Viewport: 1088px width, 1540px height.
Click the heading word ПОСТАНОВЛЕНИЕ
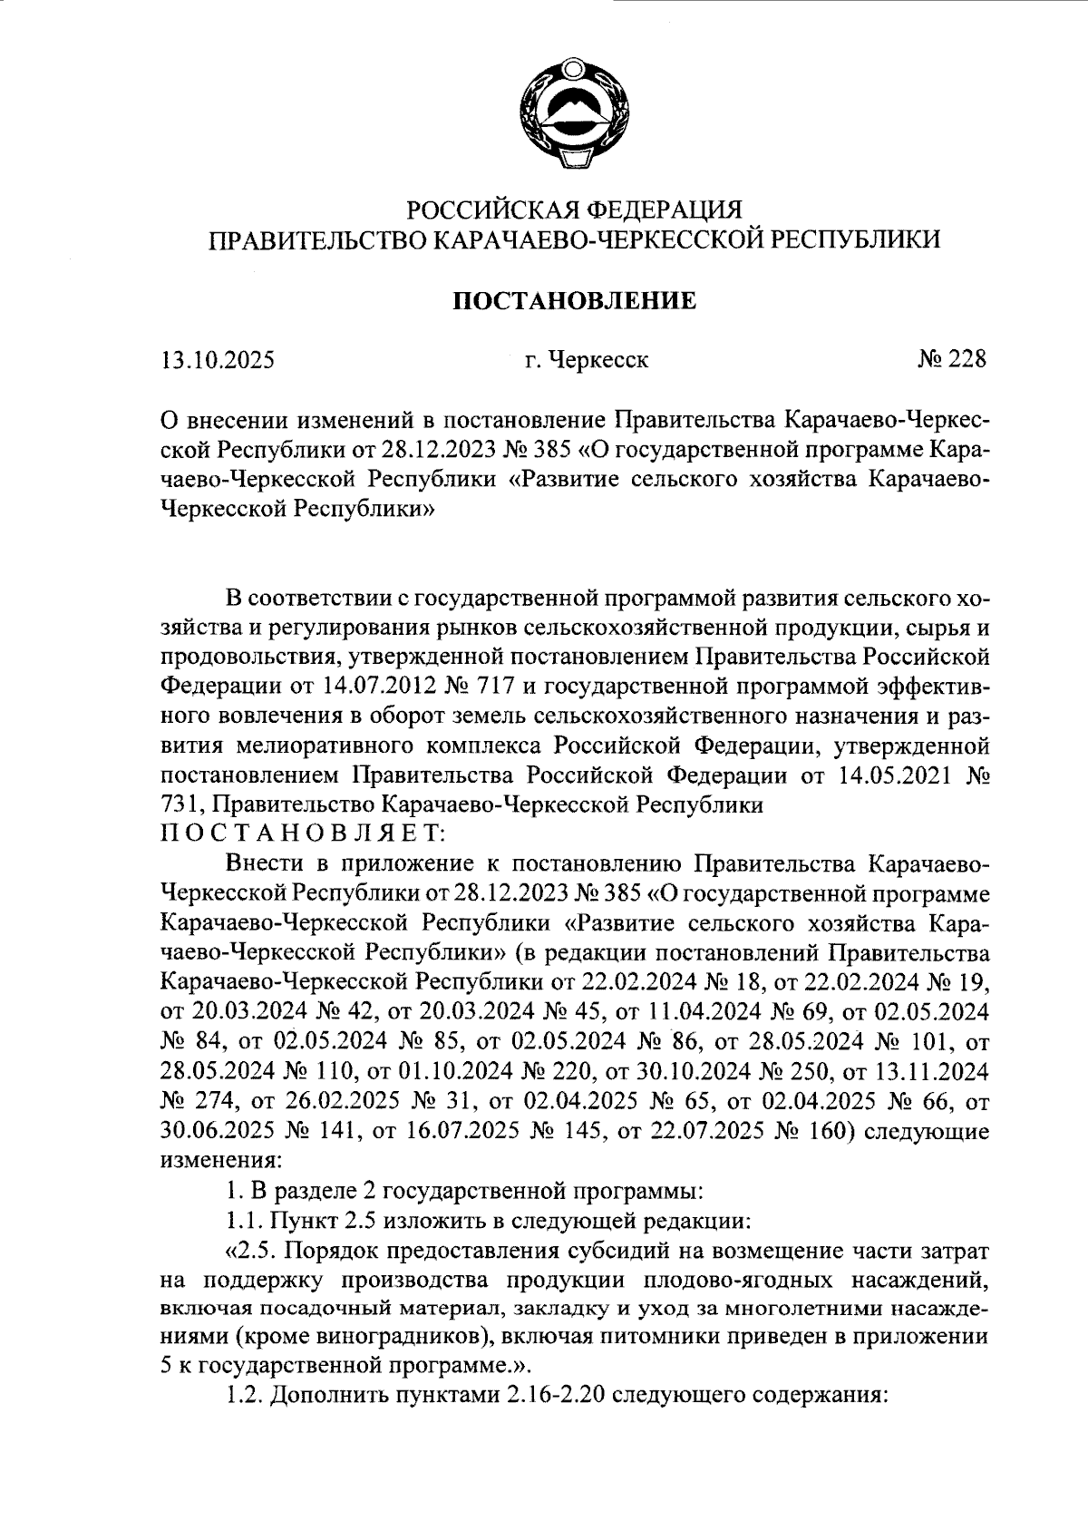574,301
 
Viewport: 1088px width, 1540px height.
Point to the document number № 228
950,360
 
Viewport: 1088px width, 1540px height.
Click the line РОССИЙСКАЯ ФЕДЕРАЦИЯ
574,210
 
